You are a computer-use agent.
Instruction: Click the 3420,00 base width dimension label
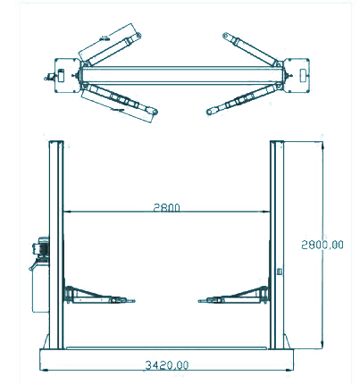pyautogui.click(x=167, y=365)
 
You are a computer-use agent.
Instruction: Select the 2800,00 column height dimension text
pyautogui.click(x=322, y=245)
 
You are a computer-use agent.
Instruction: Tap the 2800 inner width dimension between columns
pyautogui.click(x=167, y=207)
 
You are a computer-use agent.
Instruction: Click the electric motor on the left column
pyautogui.click(x=41, y=247)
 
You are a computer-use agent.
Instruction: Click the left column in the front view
pyautogui.click(x=56, y=245)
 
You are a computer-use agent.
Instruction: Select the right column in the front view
pyautogui.click(x=277, y=245)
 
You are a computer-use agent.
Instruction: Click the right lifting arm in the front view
pyautogui.click(x=234, y=296)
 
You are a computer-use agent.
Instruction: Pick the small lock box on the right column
pyautogui.click(x=280, y=271)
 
